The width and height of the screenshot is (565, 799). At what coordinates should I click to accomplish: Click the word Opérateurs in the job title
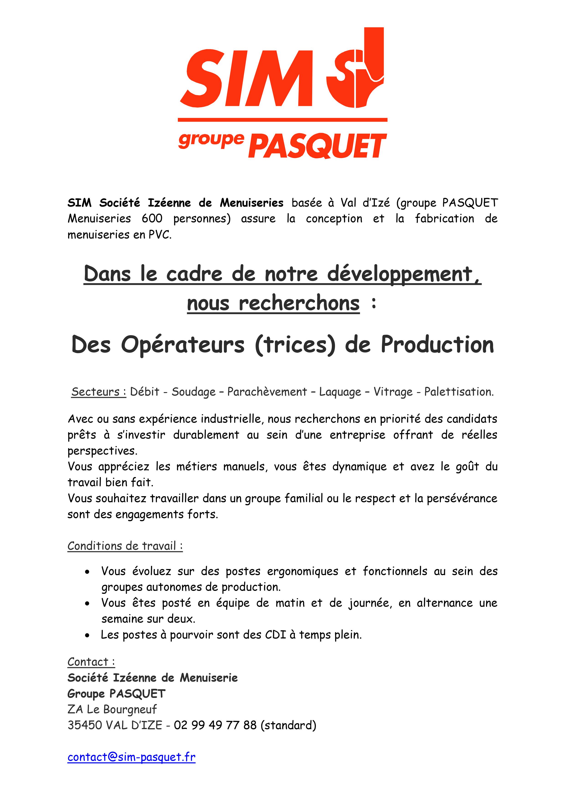click(x=183, y=345)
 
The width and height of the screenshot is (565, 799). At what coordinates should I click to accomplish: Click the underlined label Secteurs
click(x=99, y=392)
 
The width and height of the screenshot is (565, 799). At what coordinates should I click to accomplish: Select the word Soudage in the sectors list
click(x=194, y=392)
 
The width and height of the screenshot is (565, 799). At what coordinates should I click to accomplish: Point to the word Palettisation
click(x=458, y=392)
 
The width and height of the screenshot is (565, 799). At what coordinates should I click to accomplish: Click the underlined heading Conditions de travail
click(x=125, y=546)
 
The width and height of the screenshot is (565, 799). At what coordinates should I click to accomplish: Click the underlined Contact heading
click(x=91, y=662)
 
